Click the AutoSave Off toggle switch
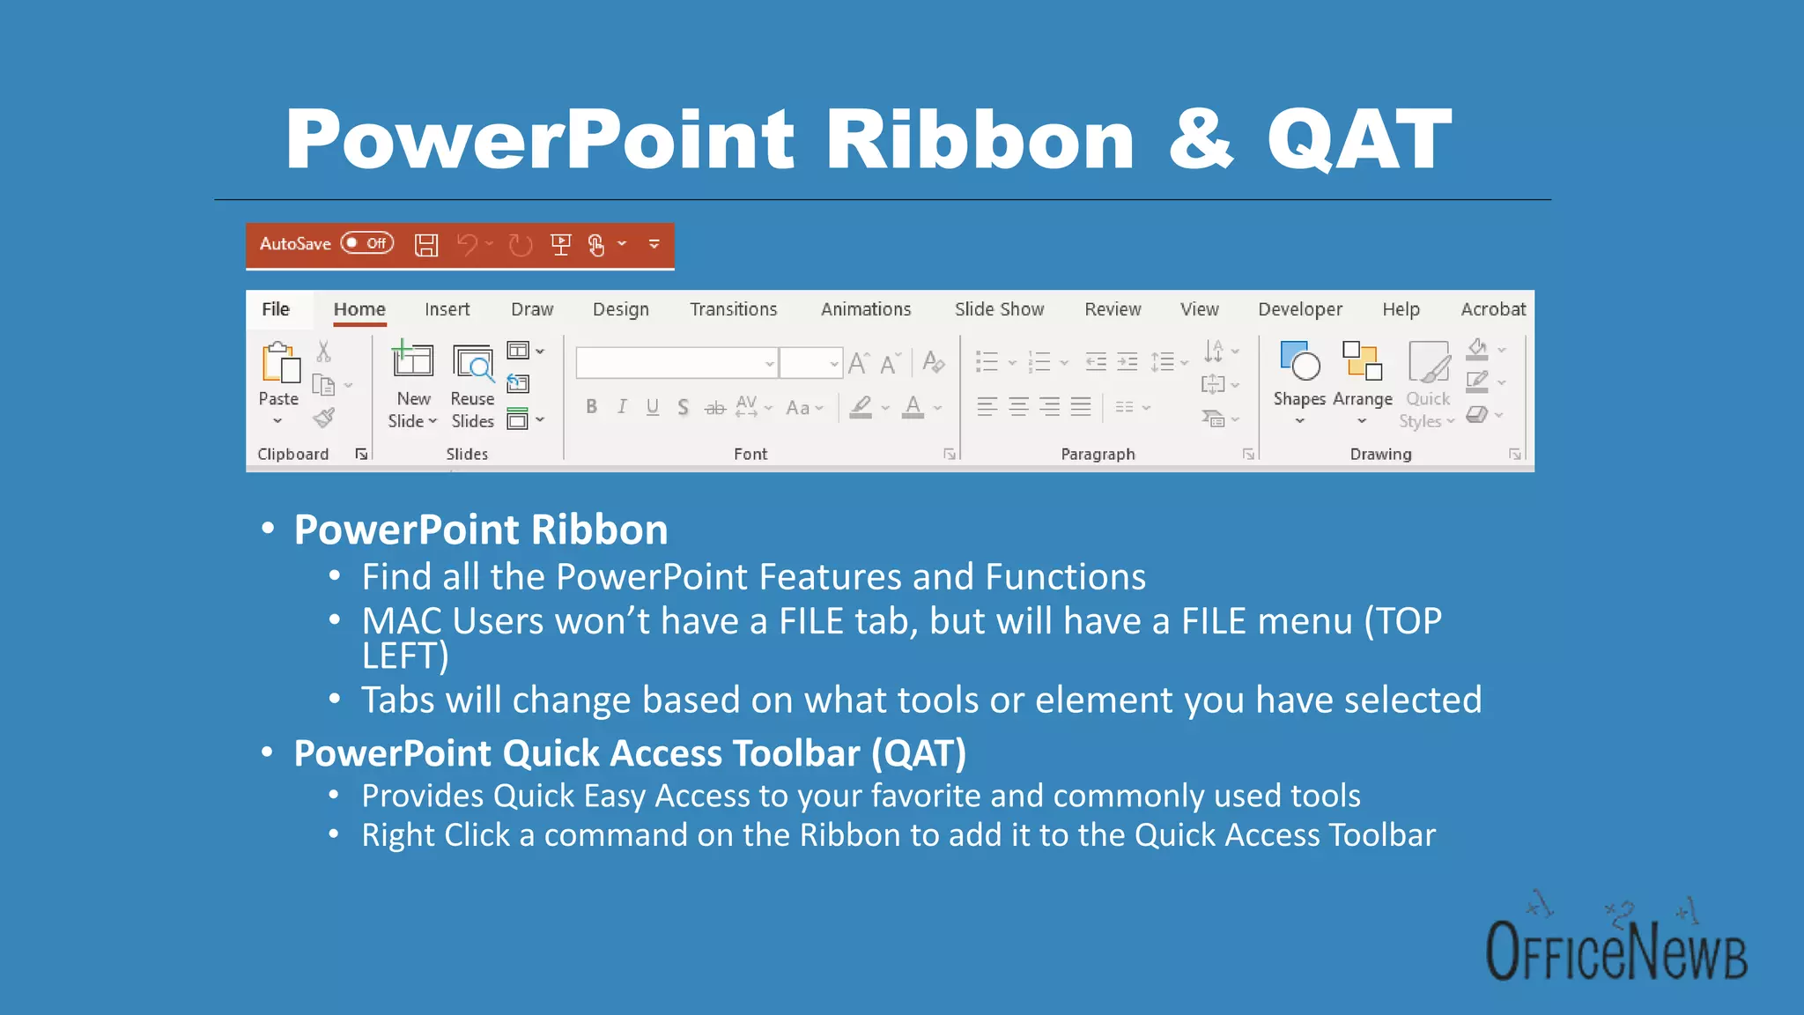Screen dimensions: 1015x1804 (x=367, y=243)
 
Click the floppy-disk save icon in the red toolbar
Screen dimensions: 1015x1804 (x=426, y=245)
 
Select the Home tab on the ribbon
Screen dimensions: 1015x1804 (x=359, y=309)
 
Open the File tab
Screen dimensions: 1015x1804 (x=276, y=309)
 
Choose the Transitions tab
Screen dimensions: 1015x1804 (x=733, y=309)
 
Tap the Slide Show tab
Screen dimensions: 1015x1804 (x=999, y=309)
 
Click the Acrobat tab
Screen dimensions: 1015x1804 (x=1492, y=309)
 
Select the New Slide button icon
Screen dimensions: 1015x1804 (x=412, y=361)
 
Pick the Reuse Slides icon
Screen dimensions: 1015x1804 (x=473, y=363)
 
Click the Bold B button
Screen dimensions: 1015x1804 (x=592, y=407)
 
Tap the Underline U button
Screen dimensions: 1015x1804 (x=653, y=407)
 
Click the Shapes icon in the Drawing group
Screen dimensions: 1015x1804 (x=1299, y=361)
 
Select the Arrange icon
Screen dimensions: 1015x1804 (x=1362, y=361)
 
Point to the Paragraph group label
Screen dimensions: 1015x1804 (x=1098, y=454)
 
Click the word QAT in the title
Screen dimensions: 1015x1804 (x=1358, y=141)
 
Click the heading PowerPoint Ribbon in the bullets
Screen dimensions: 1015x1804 (x=480, y=530)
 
